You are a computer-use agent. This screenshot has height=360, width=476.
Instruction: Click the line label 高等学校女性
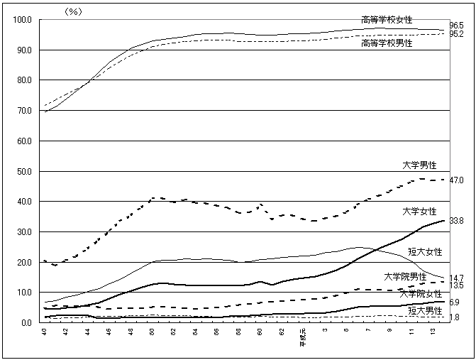point(387,19)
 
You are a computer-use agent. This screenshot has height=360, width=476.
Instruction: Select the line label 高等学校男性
point(387,43)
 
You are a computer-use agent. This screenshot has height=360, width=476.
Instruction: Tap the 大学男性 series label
point(419,165)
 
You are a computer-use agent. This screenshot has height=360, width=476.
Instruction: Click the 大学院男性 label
point(405,276)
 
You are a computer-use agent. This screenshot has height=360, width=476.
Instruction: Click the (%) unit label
point(74,11)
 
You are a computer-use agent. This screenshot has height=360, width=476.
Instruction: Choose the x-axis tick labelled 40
point(45,330)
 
